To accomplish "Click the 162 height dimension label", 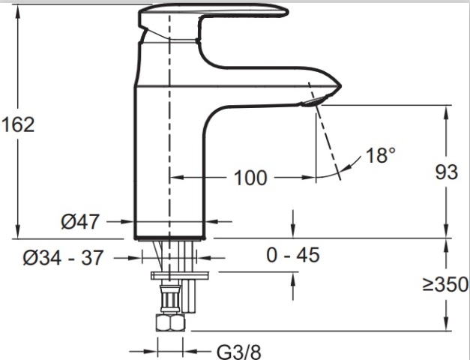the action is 18,124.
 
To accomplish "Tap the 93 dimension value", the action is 446,172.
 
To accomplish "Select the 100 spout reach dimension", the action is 250,178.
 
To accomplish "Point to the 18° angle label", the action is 380,155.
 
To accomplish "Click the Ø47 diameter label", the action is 79,222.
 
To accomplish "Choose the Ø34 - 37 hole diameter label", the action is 63,257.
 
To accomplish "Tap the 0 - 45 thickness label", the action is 293,255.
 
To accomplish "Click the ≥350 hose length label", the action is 445,284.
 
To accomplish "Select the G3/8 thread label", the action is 238,352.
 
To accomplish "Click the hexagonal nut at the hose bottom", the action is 170,322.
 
